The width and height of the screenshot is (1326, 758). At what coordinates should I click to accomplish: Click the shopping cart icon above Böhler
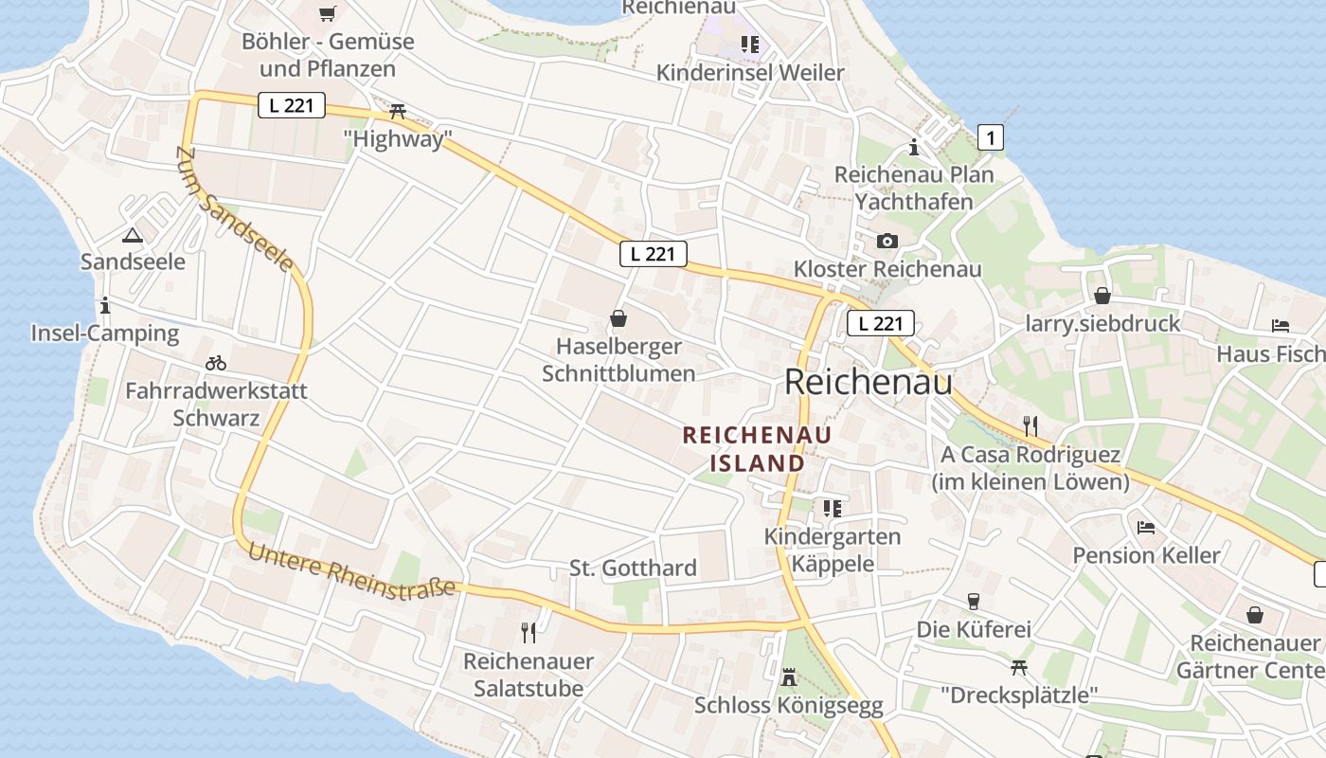(328, 13)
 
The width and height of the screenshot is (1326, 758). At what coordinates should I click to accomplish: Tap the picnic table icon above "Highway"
(398, 112)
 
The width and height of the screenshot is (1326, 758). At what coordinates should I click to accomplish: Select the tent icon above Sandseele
(132, 235)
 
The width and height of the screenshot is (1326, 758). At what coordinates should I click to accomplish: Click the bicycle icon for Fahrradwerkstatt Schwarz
(216, 363)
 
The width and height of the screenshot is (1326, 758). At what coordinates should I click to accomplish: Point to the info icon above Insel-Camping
(104, 305)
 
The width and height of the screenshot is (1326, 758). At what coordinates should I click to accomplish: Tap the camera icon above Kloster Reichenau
(887, 241)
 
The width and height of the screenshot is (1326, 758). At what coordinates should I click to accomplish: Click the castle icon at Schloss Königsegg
(788, 677)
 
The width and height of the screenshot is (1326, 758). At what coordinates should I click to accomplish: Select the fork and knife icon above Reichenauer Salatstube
(529, 632)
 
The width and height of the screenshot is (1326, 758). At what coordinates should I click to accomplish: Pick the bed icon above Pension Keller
(1146, 527)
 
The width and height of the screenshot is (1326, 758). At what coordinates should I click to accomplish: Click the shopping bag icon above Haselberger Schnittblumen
(618, 318)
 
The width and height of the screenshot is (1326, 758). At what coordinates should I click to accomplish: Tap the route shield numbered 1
(990, 137)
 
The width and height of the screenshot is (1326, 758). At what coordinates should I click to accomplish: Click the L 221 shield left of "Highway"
(292, 105)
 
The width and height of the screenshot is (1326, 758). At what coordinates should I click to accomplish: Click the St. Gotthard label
(633, 568)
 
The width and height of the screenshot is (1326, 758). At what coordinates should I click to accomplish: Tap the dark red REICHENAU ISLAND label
(757, 449)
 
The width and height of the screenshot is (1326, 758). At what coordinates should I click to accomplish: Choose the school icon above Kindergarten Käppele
(832, 509)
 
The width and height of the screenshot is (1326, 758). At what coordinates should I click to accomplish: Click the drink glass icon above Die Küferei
(973, 601)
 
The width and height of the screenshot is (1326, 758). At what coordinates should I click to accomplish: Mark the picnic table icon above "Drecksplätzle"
(1019, 667)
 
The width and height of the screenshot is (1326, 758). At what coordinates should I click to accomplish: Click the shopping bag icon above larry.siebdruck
(1102, 296)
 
